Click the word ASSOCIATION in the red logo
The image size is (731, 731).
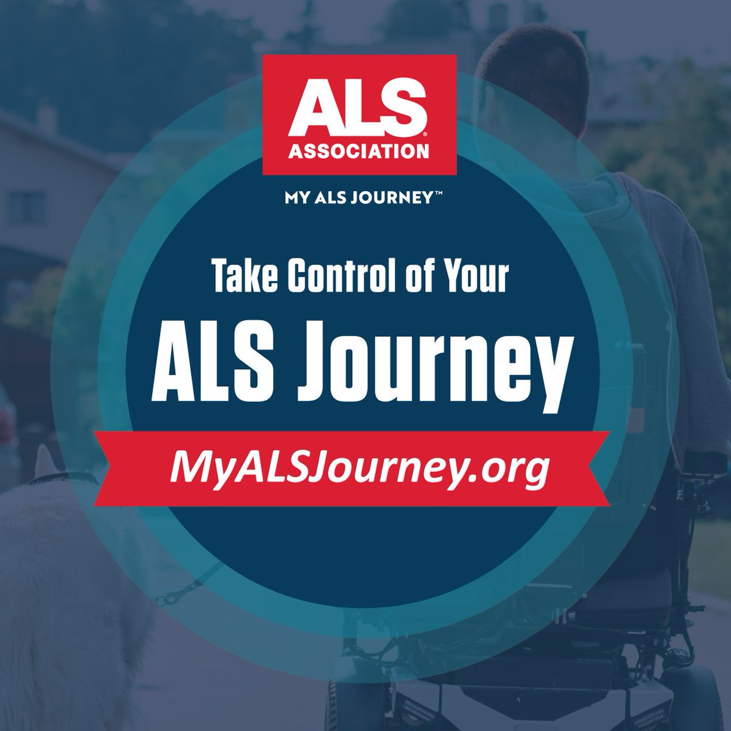point(359,150)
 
